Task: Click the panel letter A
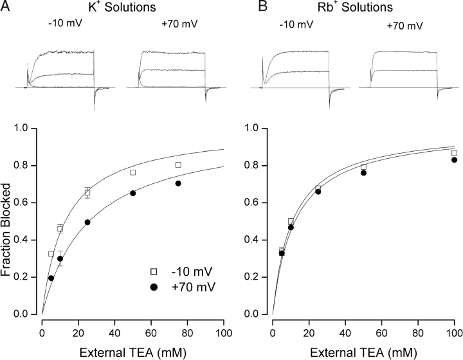[10, 8]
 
